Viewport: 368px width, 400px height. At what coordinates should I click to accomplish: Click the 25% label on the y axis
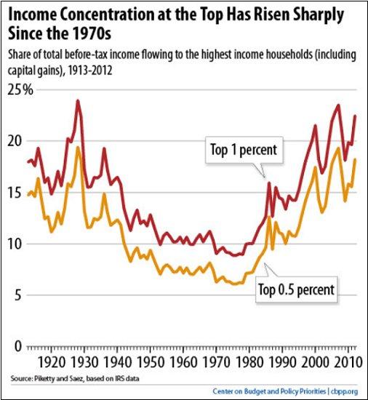click(20, 90)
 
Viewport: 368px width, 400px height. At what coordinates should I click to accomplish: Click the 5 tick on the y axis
click(18, 295)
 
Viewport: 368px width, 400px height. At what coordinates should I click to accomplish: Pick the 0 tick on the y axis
click(18, 346)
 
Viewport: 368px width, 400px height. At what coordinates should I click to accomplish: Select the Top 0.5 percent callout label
click(296, 289)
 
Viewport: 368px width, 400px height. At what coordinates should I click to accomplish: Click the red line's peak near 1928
click(77, 101)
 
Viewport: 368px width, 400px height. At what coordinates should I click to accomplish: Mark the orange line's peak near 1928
click(77, 148)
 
